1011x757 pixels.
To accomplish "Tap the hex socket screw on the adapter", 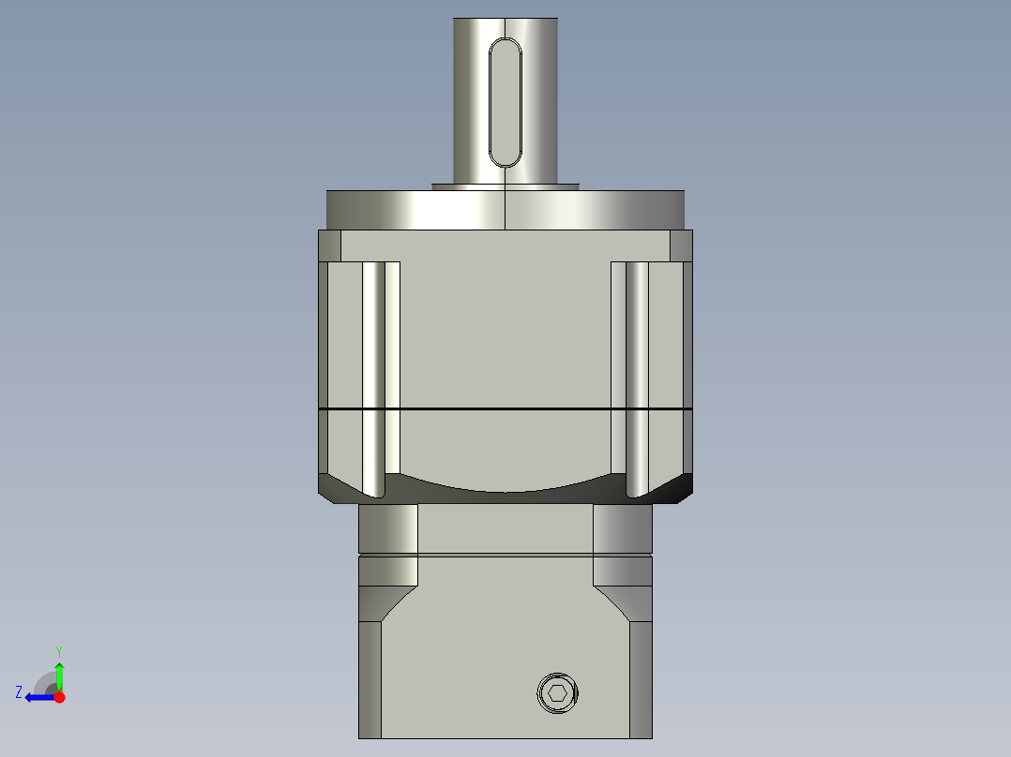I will [557, 693].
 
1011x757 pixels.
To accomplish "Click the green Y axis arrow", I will [59, 673].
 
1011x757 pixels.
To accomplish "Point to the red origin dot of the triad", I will [60, 697].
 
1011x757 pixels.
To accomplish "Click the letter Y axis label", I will [59, 650].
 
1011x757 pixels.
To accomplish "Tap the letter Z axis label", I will [19, 692].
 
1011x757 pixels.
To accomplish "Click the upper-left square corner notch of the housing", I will [329, 245].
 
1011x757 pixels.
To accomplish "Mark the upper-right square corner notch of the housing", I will [682, 245].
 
